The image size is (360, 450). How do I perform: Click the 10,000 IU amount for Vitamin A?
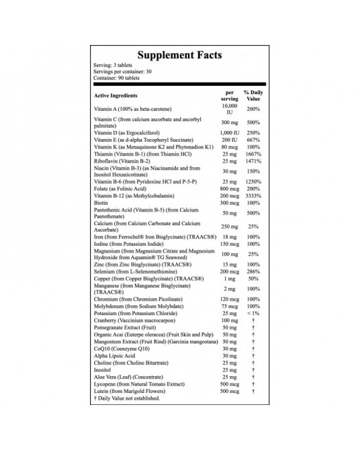click(229, 109)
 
